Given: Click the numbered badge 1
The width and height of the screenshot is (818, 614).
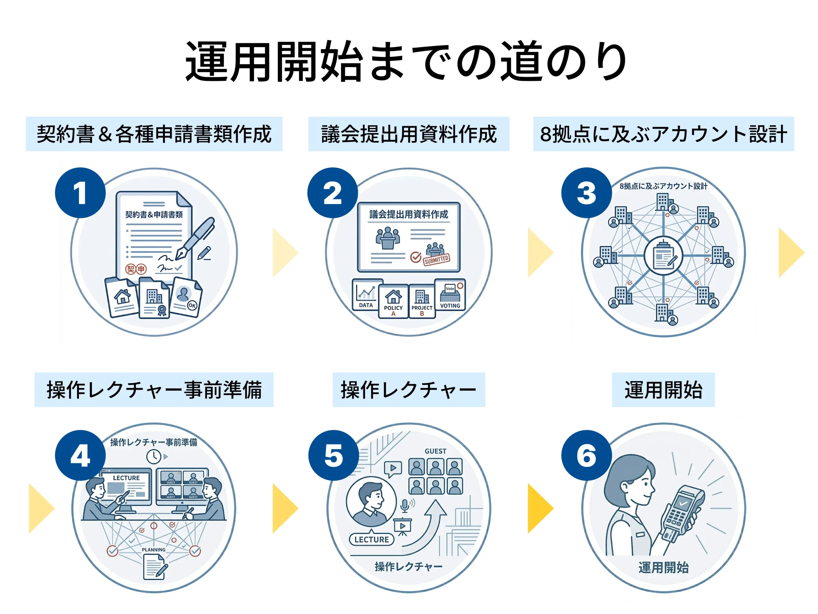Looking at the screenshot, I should coord(80,193).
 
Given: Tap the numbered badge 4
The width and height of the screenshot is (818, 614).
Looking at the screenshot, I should coord(80,455).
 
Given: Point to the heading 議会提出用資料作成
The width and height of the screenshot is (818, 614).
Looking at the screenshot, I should coord(409,134).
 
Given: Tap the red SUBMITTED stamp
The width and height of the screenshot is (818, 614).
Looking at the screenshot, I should coord(436,259).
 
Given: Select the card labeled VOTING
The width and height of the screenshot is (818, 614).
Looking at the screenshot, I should coord(450,295).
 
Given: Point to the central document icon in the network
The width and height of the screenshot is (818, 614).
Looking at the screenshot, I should coord(663,256).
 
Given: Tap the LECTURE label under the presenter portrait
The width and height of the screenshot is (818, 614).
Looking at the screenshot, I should coord(371,539).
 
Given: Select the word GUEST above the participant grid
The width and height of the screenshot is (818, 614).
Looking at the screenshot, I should coord(435,451).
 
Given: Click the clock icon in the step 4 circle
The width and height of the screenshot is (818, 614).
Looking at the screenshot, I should coord(153,456).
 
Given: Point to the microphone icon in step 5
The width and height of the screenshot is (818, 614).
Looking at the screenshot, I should coord(405,505).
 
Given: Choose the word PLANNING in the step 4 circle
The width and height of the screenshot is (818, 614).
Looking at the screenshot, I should coord(153,550).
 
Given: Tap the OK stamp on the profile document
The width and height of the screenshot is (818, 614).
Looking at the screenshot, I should coord(192,305).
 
